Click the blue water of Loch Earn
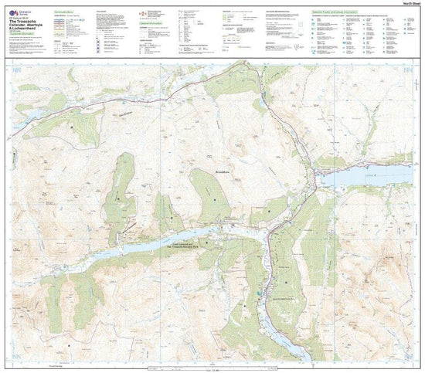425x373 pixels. click(x=363, y=177)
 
